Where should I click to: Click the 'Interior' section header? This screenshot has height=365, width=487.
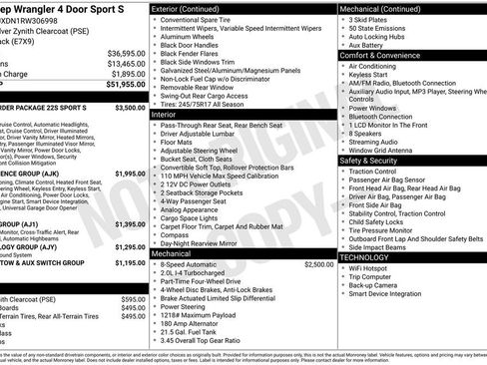click(x=164, y=115)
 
